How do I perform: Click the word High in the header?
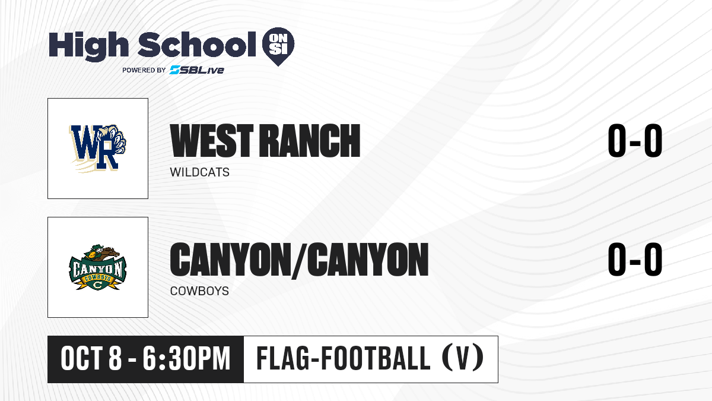tap(88, 46)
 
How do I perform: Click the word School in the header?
tap(197, 45)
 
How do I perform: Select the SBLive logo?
tap(196, 70)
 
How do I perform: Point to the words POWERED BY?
tap(144, 70)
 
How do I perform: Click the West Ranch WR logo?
tap(98, 149)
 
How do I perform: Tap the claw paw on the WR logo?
tap(115, 140)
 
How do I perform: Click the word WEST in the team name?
tap(212, 141)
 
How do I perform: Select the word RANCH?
tap(310, 141)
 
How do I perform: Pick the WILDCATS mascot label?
tap(199, 172)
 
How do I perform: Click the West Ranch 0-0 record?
tap(635, 141)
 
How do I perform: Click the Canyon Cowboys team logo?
tap(98, 267)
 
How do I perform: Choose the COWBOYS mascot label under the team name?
tap(199, 291)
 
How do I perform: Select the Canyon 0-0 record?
tap(635, 259)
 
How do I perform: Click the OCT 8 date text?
tap(91, 359)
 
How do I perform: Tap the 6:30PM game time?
tap(186, 359)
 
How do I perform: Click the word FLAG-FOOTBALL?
tap(344, 359)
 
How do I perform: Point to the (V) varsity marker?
tap(463, 359)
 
